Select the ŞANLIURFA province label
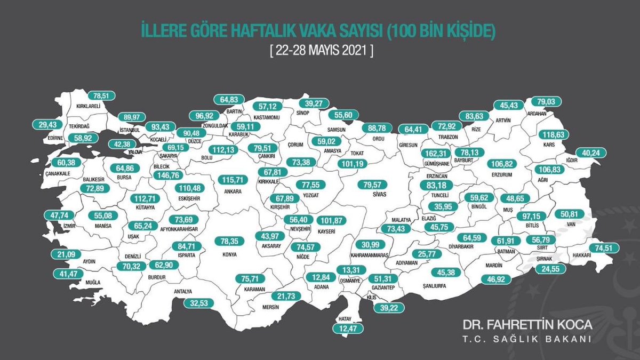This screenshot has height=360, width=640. tap(433, 285)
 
